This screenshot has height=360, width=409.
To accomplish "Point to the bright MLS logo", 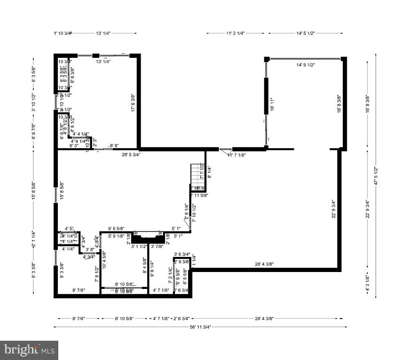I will pyautogui.click(x=29, y=350).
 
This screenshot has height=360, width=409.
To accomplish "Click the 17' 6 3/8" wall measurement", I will pyautogui.click(x=133, y=102).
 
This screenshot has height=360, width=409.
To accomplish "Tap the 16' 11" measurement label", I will pyautogui.click(x=271, y=104).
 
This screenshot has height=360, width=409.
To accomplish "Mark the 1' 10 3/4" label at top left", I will pyautogui.click(x=62, y=33).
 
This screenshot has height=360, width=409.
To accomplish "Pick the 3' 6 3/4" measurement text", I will pyautogui.click(x=181, y=255).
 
